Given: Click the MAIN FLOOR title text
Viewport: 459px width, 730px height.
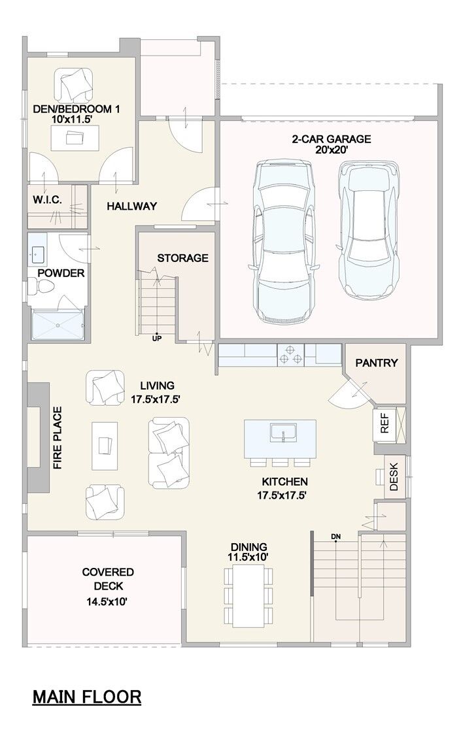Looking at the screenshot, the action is (x=87, y=697).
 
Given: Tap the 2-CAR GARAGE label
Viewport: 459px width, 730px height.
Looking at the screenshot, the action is (x=331, y=139).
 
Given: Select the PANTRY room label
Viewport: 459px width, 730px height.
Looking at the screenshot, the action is (x=377, y=363).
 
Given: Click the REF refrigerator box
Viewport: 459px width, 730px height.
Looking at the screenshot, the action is (x=385, y=424).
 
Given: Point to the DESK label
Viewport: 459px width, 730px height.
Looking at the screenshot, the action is (x=394, y=476).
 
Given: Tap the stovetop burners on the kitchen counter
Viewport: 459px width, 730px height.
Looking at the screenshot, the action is (x=291, y=354).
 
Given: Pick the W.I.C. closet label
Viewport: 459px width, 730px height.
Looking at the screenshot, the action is (x=47, y=200).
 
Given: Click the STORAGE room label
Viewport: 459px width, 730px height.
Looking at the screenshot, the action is (x=182, y=258).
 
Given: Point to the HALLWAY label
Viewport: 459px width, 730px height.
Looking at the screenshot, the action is (x=132, y=206).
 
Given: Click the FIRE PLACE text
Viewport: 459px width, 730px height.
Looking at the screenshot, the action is (x=58, y=438).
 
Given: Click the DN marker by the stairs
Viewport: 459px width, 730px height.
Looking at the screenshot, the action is (x=335, y=537).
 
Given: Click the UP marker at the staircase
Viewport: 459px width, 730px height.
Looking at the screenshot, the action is (x=157, y=339).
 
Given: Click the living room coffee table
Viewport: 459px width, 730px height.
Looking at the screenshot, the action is (x=105, y=446).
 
